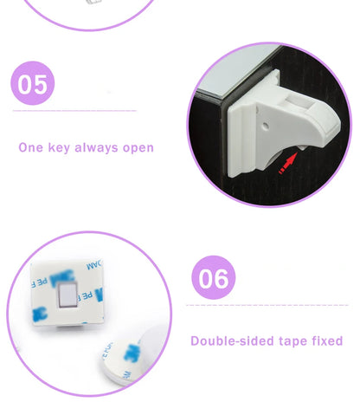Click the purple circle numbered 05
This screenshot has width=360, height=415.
click(34, 84)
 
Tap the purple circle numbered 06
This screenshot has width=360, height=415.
click(214, 278)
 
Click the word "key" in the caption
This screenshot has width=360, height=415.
click(59, 147)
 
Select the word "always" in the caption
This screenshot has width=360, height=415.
click(97, 147)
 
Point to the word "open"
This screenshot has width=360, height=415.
click(138, 147)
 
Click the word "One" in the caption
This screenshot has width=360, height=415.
click(30, 147)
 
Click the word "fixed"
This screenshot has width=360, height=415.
click(327, 340)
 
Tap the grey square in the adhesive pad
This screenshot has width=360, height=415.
click(67, 299)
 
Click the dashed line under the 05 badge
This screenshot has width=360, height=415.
click(74, 111)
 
